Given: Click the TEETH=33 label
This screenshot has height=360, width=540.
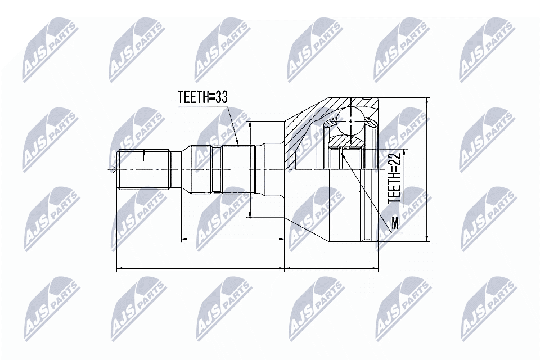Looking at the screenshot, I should click(x=202, y=97).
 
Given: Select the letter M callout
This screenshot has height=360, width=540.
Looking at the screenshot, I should click(x=395, y=223).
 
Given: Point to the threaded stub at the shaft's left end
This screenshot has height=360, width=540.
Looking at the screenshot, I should click(x=143, y=169).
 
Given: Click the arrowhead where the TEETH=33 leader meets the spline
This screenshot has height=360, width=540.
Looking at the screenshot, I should click(x=238, y=143).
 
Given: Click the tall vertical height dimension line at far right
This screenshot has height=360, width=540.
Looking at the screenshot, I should click(x=428, y=169).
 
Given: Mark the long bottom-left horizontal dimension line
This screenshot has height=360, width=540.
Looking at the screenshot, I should click(x=200, y=269).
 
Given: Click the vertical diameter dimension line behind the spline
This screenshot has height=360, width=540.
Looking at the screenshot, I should click(x=249, y=169).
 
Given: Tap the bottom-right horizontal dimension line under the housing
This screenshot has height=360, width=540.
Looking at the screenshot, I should click(x=332, y=269).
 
